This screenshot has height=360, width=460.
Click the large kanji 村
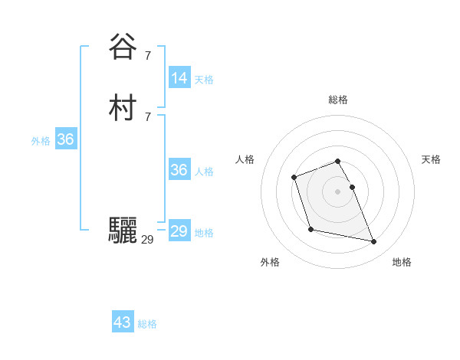[123, 108]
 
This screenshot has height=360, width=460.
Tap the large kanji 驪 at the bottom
[123, 231]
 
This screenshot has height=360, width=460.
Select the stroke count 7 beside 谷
[147, 55]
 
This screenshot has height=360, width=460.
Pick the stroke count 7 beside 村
[147, 116]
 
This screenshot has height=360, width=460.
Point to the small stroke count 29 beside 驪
[148, 240]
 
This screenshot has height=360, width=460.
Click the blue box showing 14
[179, 78]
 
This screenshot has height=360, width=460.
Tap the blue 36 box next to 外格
[65, 140]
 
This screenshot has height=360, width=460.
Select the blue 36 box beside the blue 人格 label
[179, 170]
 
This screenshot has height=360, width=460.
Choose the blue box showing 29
[179, 231]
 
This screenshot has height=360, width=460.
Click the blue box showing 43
[123, 322]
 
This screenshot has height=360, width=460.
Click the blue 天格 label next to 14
[204, 80]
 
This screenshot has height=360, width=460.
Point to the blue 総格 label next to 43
[147, 324]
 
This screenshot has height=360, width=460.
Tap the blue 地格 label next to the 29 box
[204, 233]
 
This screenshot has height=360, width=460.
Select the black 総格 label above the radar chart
[338, 100]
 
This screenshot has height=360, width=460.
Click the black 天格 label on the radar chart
[431, 159]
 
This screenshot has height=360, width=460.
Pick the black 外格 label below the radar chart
[270, 262]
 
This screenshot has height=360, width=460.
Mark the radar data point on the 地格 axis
[374, 242]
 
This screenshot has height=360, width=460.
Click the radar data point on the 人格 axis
[294, 178]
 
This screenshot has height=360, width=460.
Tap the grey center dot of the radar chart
[337, 191]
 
